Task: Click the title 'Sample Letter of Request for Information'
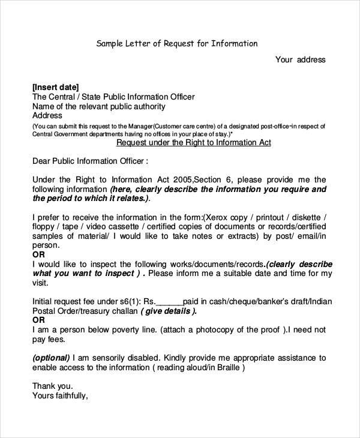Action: coord(177,43)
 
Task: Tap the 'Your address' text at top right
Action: coord(300,59)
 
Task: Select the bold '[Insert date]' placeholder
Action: coord(55,86)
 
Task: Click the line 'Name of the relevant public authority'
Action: coord(98,106)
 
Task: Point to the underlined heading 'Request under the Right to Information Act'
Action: coord(193,143)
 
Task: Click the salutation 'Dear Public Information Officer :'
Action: coord(89,161)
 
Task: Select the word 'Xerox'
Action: coord(218,217)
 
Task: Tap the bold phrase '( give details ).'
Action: coord(169,311)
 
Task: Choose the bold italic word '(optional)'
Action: coord(51,358)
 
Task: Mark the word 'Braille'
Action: coord(224,367)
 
